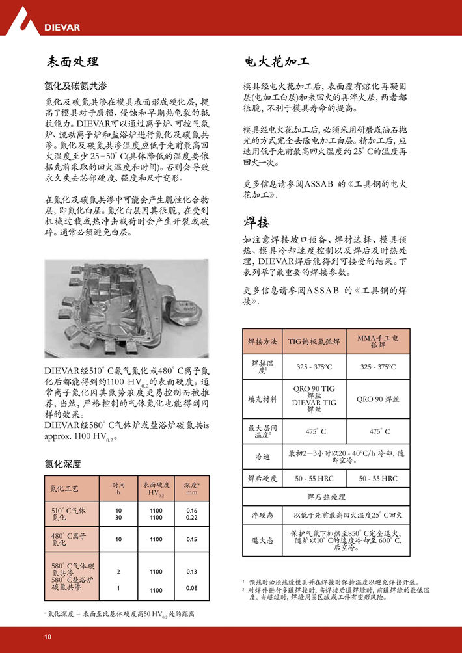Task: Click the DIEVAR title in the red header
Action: point(62,27)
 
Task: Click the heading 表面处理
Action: point(72,62)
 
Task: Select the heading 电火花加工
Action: point(276,62)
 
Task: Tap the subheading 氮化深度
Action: point(62,464)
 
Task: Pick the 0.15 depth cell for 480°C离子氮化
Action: point(191,539)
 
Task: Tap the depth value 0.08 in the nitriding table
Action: point(191,589)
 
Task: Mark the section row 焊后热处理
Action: point(326,497)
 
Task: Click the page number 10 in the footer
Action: point(48,636)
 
